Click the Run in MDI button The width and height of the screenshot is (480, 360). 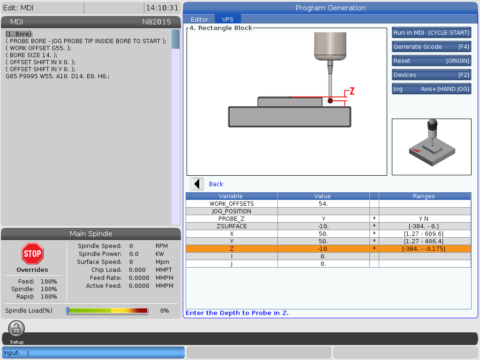coord(431,32)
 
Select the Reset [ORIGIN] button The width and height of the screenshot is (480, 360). coord(431,60)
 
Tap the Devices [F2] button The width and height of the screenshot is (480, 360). coord(431,75)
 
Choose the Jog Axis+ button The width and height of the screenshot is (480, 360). coord(431,89)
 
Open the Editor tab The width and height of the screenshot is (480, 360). coord(199,19)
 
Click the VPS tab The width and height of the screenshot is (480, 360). coord(227,19)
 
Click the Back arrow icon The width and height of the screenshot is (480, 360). coord(197,184)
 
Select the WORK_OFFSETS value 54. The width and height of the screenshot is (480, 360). coord(323,203)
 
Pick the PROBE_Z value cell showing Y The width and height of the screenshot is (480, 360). coord(323,218)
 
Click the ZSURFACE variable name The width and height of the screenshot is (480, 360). coord(232,226)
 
